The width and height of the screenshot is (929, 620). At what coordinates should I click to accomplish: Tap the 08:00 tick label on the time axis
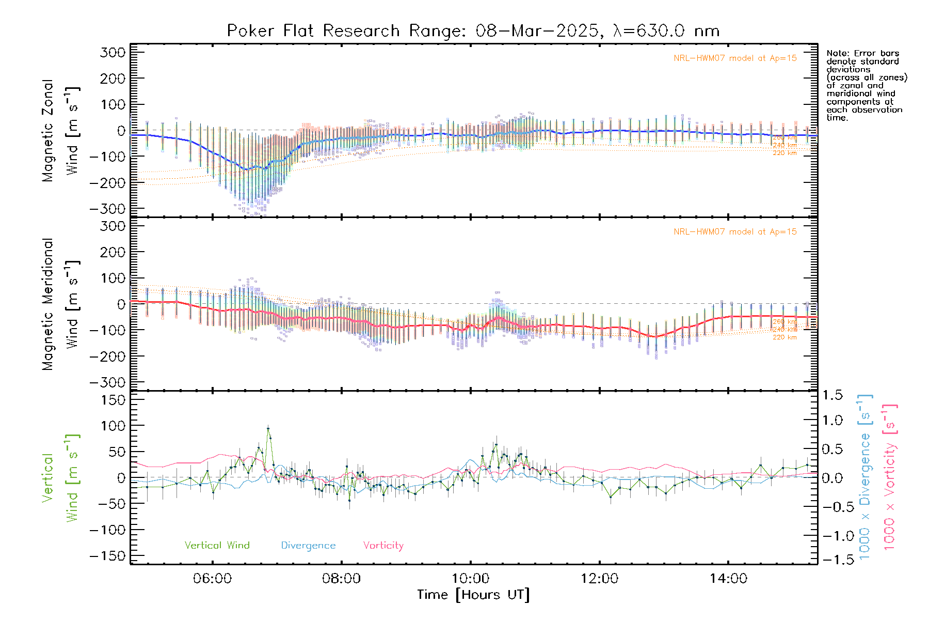341,578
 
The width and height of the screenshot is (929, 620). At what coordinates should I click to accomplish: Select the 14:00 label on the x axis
728,578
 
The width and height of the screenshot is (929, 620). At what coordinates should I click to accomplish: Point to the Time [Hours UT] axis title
473,595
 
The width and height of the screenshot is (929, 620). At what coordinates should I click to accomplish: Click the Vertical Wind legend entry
217,545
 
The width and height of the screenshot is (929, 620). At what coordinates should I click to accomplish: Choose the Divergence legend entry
308,545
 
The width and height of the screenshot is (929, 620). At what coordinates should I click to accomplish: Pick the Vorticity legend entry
383,545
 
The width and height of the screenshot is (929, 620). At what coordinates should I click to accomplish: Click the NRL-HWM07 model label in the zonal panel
735,58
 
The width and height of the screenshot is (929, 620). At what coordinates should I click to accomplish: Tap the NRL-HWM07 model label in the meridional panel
735,232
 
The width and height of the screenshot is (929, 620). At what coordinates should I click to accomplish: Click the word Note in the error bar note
837,53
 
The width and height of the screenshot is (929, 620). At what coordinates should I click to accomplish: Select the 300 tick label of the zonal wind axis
113,52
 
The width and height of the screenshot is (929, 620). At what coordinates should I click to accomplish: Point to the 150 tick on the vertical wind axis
113,400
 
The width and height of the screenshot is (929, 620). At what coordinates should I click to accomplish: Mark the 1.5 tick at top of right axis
832,395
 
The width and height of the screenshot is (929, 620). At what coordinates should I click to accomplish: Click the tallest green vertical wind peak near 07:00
268,428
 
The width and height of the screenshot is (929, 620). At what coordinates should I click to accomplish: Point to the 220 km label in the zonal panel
784,153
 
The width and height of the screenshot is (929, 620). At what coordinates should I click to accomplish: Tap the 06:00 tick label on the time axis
212,578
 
